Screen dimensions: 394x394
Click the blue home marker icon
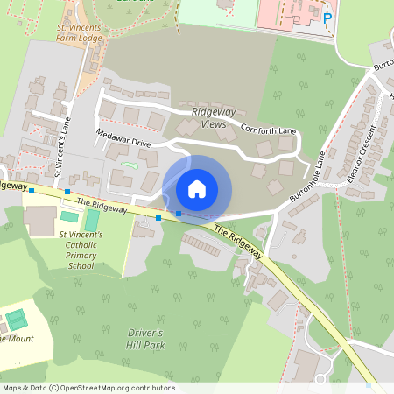197,189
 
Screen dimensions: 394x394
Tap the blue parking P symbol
327,18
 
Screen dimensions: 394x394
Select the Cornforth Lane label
268,129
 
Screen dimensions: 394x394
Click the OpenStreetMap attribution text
88,388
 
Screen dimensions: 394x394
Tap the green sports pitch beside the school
91,220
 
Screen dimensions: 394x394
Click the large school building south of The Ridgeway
39,222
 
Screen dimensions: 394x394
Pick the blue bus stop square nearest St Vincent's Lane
67,191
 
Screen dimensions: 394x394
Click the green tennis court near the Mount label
17,320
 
